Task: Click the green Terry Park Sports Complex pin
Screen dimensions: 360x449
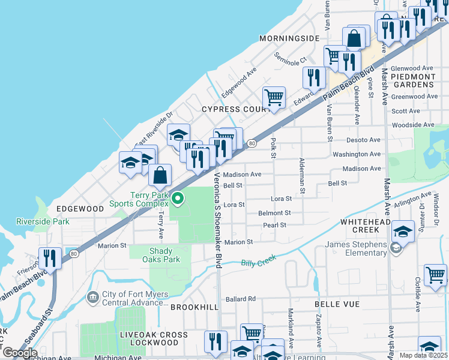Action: click(177, 197)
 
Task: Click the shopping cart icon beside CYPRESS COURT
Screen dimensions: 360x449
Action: click(274, 97)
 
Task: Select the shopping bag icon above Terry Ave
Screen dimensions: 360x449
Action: click(160, 176)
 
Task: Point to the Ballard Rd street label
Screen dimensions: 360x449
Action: click(241, 299)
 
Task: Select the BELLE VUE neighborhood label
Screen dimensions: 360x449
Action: click(337, 304)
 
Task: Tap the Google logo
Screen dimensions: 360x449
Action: click(19, 353)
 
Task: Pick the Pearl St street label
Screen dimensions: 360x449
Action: click(274, 225)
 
